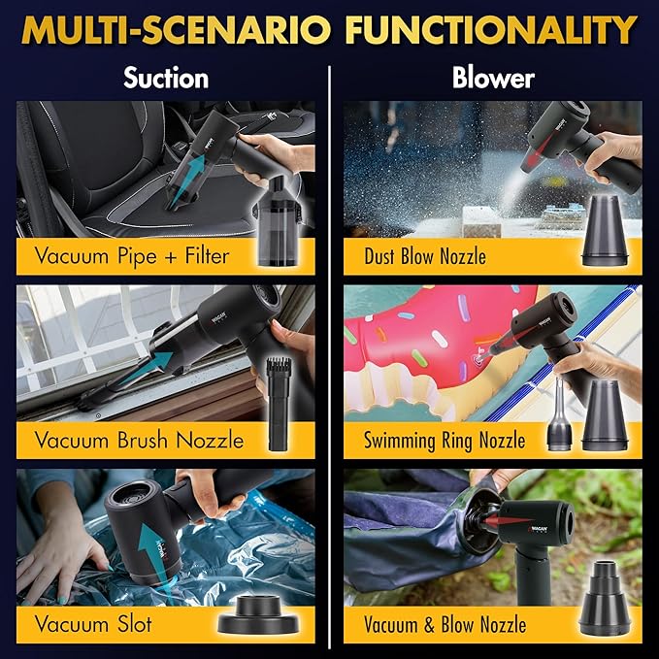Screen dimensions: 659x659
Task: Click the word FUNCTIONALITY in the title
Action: (489, 31)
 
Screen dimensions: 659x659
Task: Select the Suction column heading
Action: (165, 79)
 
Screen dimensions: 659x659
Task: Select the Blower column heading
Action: (494, 79)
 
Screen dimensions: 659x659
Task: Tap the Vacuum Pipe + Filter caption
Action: (132, 257)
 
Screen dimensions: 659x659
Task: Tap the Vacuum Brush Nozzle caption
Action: (139, 440)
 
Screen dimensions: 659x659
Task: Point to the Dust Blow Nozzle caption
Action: (424, 257)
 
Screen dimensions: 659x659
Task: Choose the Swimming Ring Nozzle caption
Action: (445, 440)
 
